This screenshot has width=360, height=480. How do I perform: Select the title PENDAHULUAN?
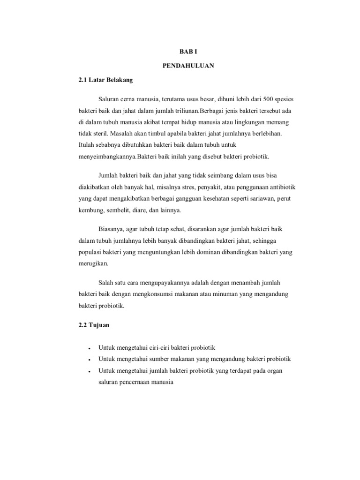[x=189, y=66]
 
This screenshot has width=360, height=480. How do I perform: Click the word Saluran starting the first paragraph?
[x=109, y=100]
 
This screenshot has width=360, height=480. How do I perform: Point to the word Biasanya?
[x=112, y=230]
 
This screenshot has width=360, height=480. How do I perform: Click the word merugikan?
[x=93, y=264]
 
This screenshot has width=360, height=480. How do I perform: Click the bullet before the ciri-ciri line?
[x=89, y=348]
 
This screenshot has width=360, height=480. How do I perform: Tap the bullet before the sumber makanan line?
[x=89, y=360]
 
